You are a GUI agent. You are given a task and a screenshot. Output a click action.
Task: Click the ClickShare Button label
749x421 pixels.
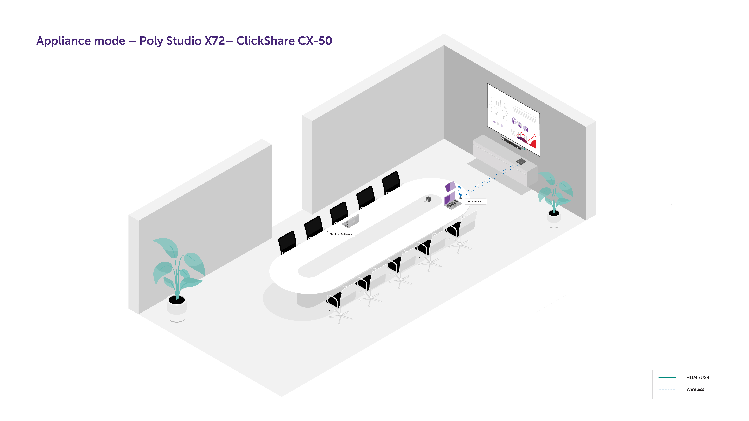475,201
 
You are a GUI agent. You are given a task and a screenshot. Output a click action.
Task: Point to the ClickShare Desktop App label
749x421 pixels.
341,234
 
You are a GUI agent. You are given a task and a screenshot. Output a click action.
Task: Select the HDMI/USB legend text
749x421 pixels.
698,377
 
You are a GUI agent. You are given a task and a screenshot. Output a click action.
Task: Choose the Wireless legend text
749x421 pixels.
695,389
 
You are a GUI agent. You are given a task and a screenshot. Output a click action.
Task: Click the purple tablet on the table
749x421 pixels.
450,186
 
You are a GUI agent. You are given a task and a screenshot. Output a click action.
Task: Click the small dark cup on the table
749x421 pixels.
428,199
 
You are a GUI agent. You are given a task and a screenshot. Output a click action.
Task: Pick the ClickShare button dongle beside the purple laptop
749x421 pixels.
460,198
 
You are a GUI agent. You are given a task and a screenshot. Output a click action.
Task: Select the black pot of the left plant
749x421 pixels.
176,300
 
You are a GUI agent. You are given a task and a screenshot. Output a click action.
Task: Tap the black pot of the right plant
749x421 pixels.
554,213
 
